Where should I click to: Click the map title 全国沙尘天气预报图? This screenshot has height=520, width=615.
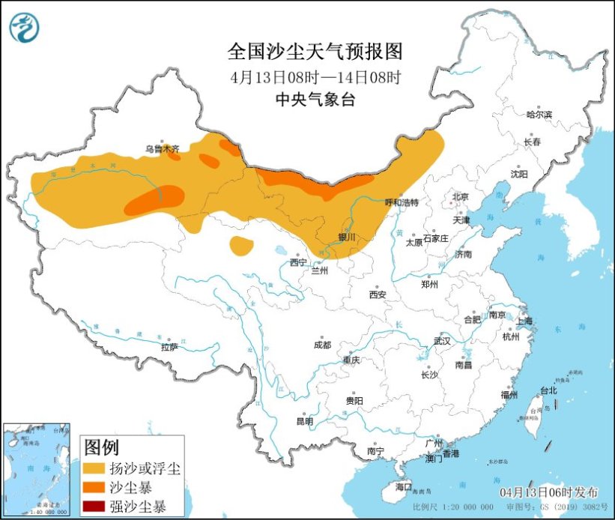[315, 52]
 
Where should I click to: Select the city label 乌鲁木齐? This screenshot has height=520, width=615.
[163, 149]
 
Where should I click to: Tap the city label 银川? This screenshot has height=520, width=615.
[347, 237]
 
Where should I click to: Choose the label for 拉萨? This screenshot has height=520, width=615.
[169, 347]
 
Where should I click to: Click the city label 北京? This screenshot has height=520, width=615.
[459, 197]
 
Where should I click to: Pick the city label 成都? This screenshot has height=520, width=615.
[323, 345]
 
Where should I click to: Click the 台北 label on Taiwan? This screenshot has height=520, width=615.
[548, 390]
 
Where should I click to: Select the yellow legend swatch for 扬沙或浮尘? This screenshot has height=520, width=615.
[94, 468]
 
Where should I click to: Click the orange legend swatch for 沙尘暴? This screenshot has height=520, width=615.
[94, 486]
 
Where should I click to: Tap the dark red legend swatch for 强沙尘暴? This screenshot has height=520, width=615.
[94, 504]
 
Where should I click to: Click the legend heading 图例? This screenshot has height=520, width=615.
[101, 448]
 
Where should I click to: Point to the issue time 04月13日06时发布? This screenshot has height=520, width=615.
[549, 492]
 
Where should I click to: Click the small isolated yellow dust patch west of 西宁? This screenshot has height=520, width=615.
[241, 245]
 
